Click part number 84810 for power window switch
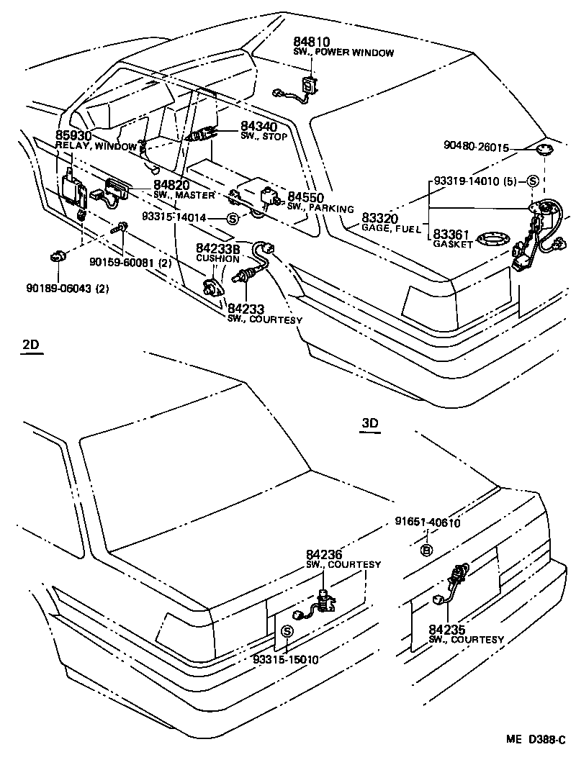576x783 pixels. click(310, 42)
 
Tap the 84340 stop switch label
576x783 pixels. click(238, 126)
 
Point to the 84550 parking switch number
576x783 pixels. click(305, 197)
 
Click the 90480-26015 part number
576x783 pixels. click(476, 148)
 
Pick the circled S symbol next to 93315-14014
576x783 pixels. click(232, 217)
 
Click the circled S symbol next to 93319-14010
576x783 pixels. click(533, 181)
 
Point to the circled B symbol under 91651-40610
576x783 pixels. click(426, 551)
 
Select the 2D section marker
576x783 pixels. click(31, 345)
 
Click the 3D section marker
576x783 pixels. click(369, 424)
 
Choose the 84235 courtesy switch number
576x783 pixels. click(446, 630)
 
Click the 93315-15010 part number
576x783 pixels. click(286, 658)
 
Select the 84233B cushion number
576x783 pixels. click(218, 248)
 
